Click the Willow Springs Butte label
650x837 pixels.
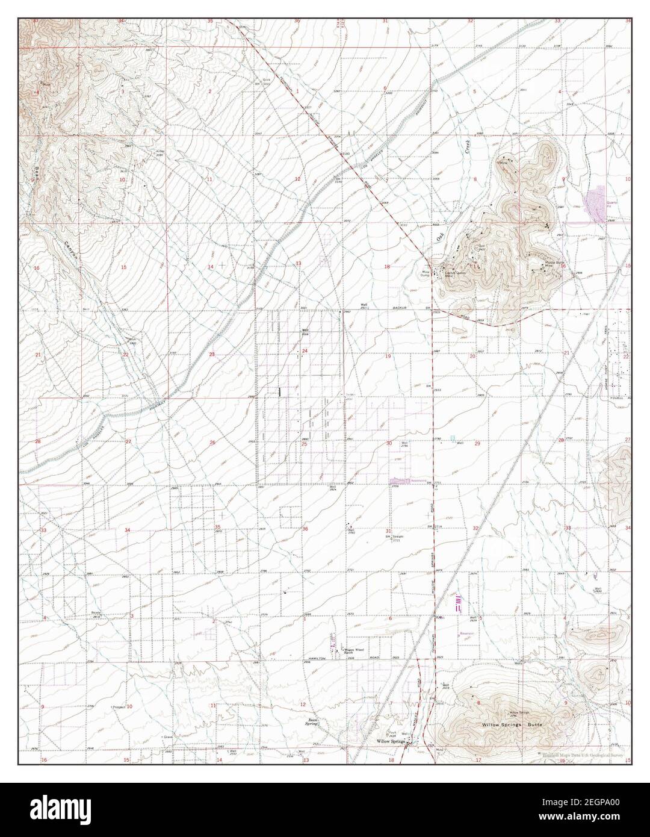coord(512,724)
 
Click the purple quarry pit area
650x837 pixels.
coord(595,202)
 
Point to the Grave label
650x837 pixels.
coord(168,736)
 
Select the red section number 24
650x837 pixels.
coord(305,350)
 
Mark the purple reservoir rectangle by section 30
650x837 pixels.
coord(400,481)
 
